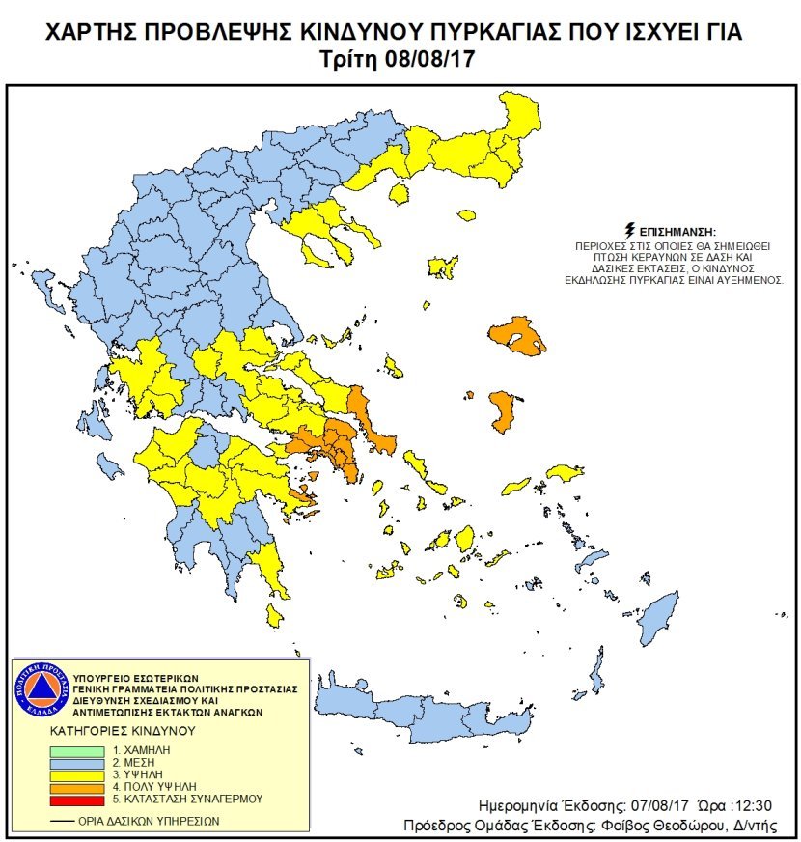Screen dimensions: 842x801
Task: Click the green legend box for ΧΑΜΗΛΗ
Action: pyautogui.click(x=76, y=750)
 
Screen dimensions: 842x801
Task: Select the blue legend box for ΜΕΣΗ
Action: pyautogui.click(x=76, y=763)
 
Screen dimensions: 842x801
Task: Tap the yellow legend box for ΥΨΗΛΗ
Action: pyautogui.click(x=76, y=775)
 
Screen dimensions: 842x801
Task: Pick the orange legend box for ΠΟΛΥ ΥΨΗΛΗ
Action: pyautogui.click(x=76, y=787)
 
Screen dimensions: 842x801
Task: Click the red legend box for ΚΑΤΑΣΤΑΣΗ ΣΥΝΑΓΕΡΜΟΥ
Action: pyautogui.click(x=76, y=800)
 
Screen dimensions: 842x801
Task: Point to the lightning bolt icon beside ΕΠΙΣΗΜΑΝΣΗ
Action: pyautogui.click(x=630, y=232)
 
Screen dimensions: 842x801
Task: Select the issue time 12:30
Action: pyautogui.click(x=752, y=805)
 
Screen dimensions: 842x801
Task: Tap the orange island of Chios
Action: pyautogui.click(x=501, y=411)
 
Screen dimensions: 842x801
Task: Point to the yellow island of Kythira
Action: pyautogui.click(x=275, y=615)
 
